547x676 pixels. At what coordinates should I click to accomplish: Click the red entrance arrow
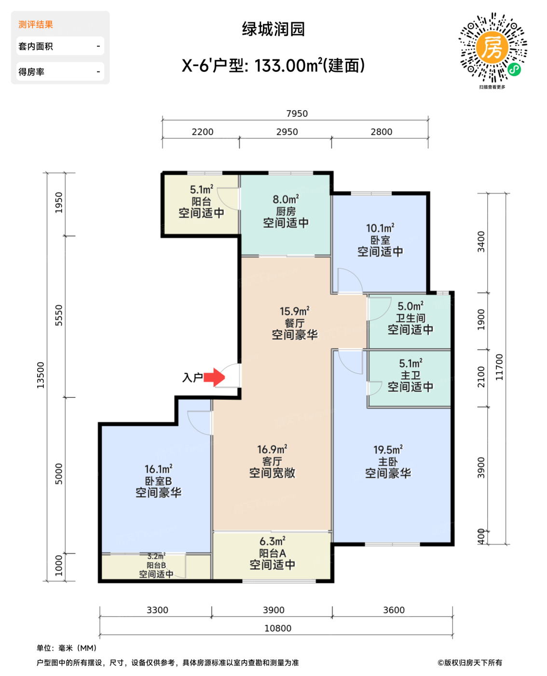click(x=214, y=377)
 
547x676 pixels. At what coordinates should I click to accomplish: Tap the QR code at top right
click(x=492, y=47)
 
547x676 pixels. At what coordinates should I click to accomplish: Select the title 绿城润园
click(x=273, y=29)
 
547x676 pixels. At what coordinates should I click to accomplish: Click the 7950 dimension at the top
click(x=297, y=113)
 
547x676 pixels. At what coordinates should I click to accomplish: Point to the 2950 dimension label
click(x=287, y=132)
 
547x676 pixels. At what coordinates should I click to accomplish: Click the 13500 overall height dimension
click(x=41, y=375)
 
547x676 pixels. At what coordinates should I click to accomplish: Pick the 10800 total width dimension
click(x=277, y=628)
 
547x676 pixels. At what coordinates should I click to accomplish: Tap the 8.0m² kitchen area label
click(x=286, y=199)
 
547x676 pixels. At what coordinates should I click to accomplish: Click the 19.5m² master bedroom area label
click(x=388, y=450)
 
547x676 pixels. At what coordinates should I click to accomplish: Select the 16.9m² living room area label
click(x=272, y=450)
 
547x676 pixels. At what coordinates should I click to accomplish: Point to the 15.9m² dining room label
click(x=294, y=311)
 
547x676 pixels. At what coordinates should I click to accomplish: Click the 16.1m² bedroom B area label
click(x=158, y=469)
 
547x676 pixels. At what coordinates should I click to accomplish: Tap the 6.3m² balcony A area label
click(x=272, y=541)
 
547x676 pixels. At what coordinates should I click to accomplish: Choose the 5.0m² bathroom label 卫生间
click(x=410, y=318)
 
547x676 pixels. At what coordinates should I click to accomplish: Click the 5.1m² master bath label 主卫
click(x=410, y=375)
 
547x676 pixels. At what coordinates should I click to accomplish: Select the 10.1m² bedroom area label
click(x=380, y=228)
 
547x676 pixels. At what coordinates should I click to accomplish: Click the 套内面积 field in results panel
click(x=60, y=46)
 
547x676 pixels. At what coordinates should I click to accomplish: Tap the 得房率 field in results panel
click(x=60, y=72)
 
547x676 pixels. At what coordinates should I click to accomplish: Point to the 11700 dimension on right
click(x=499, y=367)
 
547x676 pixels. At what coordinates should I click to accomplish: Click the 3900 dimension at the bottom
click(x=273, y=610)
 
